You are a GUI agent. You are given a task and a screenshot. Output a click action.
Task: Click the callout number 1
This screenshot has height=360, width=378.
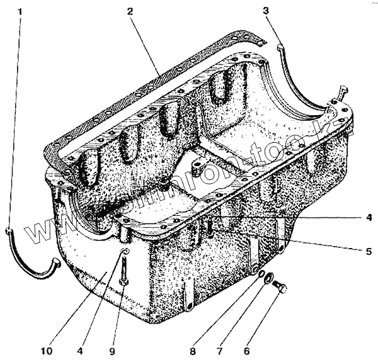(20, 11)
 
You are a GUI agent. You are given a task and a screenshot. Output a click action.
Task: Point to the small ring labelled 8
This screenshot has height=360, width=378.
(255, 271)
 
